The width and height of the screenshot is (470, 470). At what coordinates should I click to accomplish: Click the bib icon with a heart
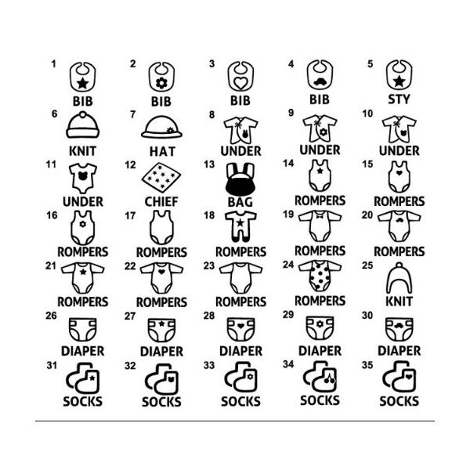[x=240, y=77]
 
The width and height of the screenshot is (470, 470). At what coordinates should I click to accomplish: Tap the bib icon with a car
[x=320, y=75]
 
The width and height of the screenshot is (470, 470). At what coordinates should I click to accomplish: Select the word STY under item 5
[x=399, y=99]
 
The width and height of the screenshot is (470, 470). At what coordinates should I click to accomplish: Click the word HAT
[x=162, y=151]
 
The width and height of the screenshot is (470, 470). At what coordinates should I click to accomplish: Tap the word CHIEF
[x=161, y=202]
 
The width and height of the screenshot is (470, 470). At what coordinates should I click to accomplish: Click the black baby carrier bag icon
[x=240, y=180]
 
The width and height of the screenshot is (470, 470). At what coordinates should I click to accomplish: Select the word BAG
[x=240, y=202]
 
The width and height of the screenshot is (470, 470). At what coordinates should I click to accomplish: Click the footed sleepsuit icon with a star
[x=240, y=226]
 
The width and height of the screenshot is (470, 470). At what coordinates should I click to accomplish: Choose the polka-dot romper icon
[x=320, y=276]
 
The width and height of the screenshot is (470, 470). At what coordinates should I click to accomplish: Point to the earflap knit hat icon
[x=399, y=278]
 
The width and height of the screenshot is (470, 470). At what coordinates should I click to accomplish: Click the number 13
[x=209, y=164]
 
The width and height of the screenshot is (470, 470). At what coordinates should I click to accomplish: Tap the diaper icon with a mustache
[x=399, y=329]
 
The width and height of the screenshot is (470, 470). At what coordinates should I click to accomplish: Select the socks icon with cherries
[x=320, y=377]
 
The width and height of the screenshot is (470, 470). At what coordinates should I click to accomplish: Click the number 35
[x=367, y=365]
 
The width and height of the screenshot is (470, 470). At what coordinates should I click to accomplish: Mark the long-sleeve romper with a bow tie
[x=320, y=226]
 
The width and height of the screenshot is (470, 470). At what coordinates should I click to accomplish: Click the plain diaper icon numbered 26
[x=83, y=330]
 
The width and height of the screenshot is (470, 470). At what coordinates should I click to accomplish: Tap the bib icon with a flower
[x=161, y=77]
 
